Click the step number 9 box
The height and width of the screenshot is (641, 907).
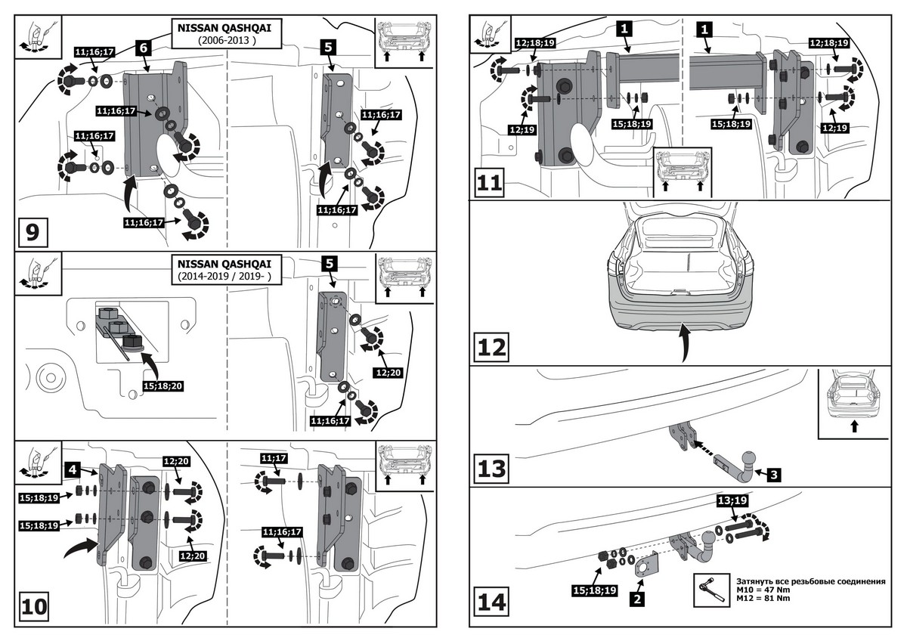pos(33,232)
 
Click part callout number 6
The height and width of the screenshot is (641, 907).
pos(144,47)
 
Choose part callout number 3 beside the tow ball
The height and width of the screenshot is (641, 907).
pos(775,475)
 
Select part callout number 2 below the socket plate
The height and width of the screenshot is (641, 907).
pos(637,600)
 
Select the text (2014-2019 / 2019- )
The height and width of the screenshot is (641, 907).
pos(224,277)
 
